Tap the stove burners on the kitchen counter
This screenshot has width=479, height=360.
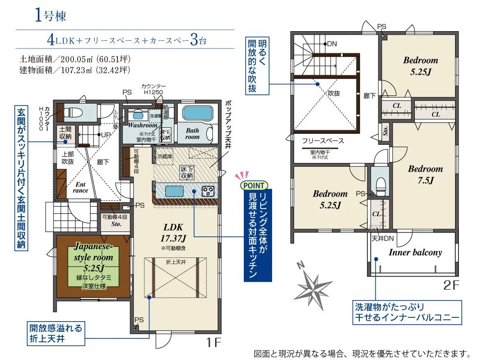coord(209,191)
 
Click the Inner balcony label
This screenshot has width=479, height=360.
coord(415,253)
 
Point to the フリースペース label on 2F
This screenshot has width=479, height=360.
coord(323,141)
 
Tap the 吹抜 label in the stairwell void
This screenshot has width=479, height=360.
coord(334,94)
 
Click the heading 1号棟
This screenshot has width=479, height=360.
coord(50,15)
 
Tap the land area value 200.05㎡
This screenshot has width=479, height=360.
coord(77,60)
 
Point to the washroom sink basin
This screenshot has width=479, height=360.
coord(137,116)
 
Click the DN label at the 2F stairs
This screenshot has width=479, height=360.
coord(331,44)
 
